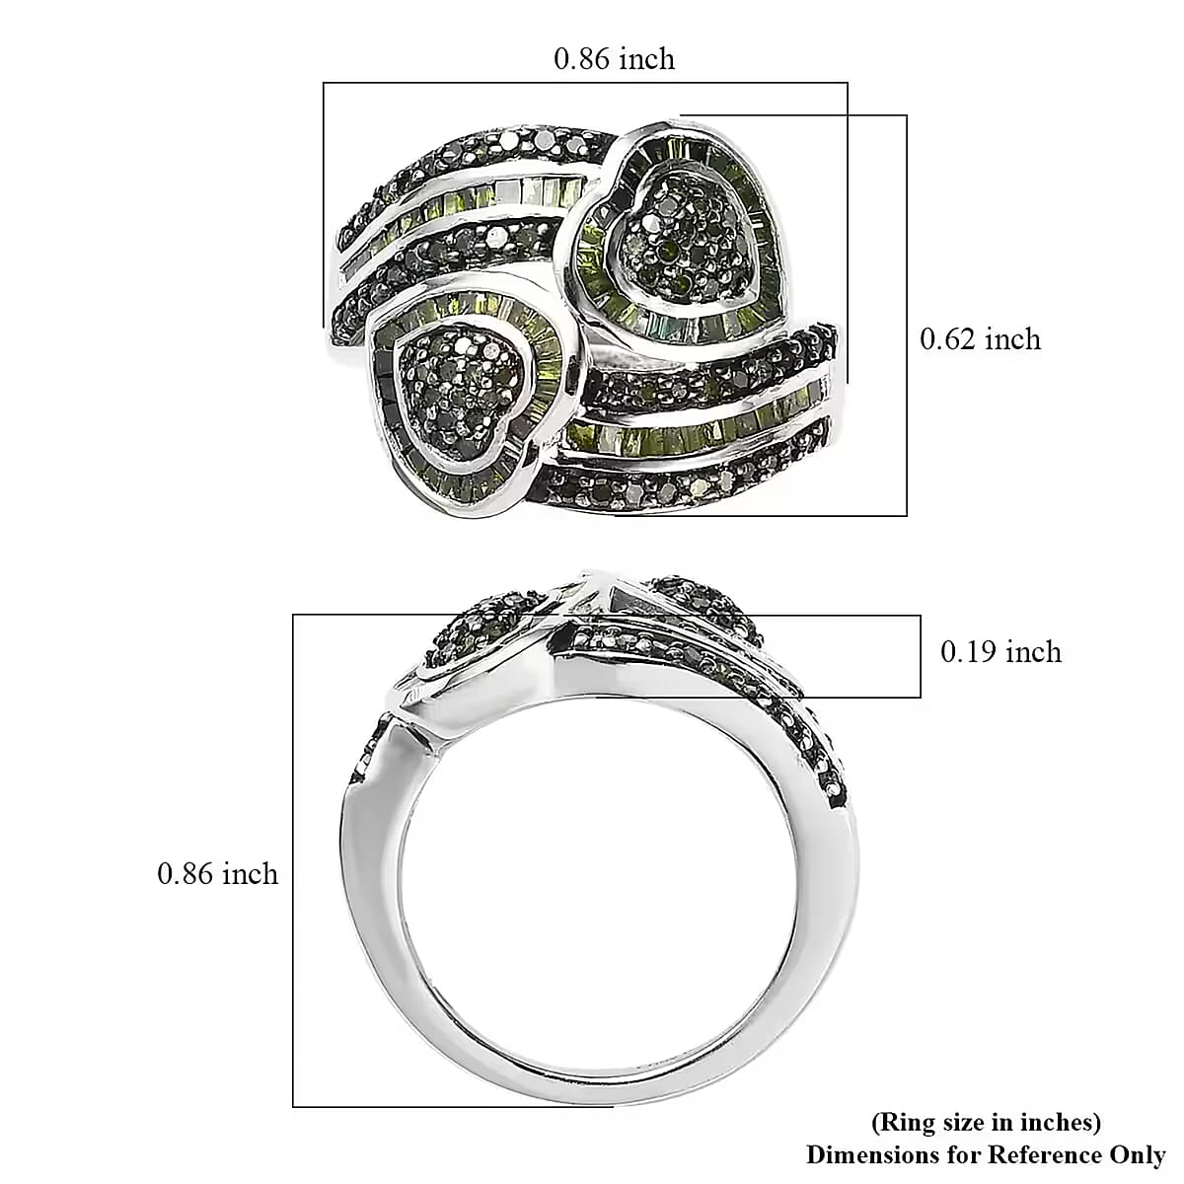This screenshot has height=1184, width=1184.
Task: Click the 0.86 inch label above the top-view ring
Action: point(614,59)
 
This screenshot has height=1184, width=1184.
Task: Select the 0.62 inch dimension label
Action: point(980,339)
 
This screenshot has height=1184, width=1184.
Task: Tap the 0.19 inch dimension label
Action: point(1000,652)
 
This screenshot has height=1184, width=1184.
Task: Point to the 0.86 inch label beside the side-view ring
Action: point(218,874)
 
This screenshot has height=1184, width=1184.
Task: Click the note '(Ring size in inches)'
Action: point(985,1122)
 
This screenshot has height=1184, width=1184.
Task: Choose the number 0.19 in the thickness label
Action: point(970,652)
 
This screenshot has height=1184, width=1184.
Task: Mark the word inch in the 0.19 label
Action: point(1033,652)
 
